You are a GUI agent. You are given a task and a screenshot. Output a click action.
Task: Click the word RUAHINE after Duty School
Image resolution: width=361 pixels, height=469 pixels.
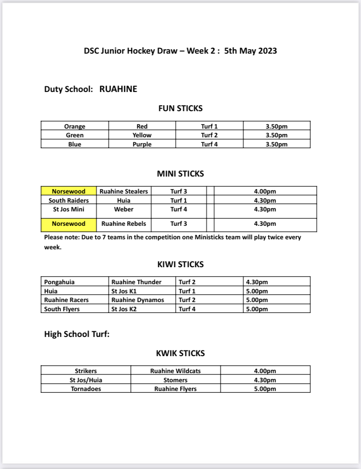pos(118,89)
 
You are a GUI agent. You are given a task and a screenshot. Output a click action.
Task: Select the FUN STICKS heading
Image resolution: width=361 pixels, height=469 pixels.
pos(180,108)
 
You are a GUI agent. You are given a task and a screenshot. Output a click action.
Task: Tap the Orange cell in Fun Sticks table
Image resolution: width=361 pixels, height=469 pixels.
pos(75,126)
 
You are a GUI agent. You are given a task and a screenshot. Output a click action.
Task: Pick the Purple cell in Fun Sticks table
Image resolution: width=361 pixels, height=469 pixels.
pos(142,144)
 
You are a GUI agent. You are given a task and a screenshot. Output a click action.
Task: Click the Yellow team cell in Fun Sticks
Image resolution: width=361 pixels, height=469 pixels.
pos(142,135)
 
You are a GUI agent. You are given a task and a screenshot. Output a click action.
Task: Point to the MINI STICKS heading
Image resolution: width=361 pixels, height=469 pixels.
pos(180,173)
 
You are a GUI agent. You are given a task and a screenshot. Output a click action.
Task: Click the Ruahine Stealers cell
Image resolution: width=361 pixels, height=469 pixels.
pos(124,191)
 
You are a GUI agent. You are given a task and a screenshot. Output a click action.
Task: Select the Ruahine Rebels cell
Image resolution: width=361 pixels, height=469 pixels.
pos(124,224)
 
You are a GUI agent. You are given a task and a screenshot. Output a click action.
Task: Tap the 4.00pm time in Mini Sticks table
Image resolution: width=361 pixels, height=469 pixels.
pos(265,191)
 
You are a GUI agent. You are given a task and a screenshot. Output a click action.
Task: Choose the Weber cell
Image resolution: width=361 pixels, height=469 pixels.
pos(124,209)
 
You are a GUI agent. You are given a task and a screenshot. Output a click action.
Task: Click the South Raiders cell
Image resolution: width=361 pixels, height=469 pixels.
pos(68,201)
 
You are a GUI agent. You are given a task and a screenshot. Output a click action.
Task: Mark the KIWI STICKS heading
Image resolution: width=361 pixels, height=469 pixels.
pos(180,264)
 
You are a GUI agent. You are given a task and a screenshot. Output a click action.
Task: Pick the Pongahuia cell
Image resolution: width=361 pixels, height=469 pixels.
pos(59,282)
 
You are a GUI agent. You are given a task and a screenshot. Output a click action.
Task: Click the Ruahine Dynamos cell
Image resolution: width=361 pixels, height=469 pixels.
pos(138,300)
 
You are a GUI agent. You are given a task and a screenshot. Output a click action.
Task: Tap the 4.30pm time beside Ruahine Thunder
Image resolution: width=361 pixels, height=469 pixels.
pos(257,282)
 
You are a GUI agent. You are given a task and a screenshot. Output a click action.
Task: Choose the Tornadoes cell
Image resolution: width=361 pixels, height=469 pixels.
pos(86,389)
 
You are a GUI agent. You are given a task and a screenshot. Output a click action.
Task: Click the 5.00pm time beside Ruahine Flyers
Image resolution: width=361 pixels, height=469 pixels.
pos(265,389)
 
